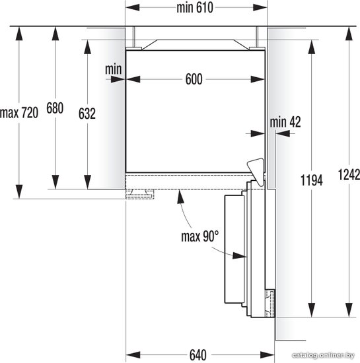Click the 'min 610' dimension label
tap(195, 8)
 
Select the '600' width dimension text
tap(194, 79)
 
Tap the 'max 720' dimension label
tap(19, 114)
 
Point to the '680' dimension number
tap(55, 108)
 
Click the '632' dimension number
tap(87, 114)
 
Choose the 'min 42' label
tap(285, 122)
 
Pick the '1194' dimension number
tap(312, 180)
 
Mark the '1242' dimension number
tap(349, 175)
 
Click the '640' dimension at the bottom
tap(198, 355)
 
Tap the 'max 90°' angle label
tap(200, 236)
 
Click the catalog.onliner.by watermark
tap(324, 355)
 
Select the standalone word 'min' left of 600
tap(113, 69)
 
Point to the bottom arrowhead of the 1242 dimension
tap(349, 310)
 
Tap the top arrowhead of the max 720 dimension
tap(19, 34)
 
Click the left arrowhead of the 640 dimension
tap(133, 355)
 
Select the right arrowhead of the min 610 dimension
tap(260, 8)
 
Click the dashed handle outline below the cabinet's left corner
tap(139, 194)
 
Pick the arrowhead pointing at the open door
tap(239, 255)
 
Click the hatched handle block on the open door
tap(270, 303)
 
